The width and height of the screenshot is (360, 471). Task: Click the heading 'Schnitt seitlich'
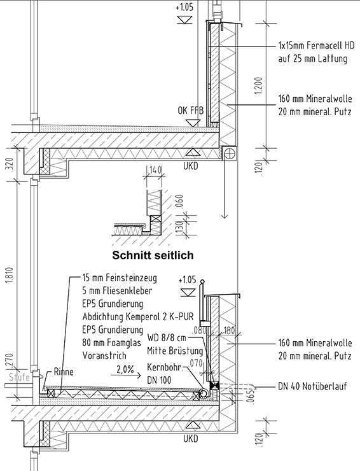point(153,255)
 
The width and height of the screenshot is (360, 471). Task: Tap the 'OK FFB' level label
point(191,111)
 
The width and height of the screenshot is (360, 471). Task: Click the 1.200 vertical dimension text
point(258,86)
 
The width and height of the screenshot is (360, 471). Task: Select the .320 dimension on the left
point(10,165)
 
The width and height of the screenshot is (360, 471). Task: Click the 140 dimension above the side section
point(155,170)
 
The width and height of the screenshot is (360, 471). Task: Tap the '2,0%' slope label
point(125,369)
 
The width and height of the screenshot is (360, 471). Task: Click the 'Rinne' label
point(64,372)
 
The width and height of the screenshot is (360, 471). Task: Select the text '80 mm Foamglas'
point(112,342)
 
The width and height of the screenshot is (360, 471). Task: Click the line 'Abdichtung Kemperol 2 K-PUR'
point(138,316)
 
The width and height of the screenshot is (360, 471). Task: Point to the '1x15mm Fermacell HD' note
point(316,45)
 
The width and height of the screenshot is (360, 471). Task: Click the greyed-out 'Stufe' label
point(19,377)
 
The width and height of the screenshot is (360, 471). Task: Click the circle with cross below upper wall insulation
point(229,153)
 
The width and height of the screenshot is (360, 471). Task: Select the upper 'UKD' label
point(191,165)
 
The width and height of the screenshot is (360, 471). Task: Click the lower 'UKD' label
point(191,439)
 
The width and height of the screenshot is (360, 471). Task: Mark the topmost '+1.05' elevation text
point(184,7)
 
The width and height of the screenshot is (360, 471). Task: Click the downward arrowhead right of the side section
point(225,216)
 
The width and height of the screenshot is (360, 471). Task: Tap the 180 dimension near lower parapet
point(229,331)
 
